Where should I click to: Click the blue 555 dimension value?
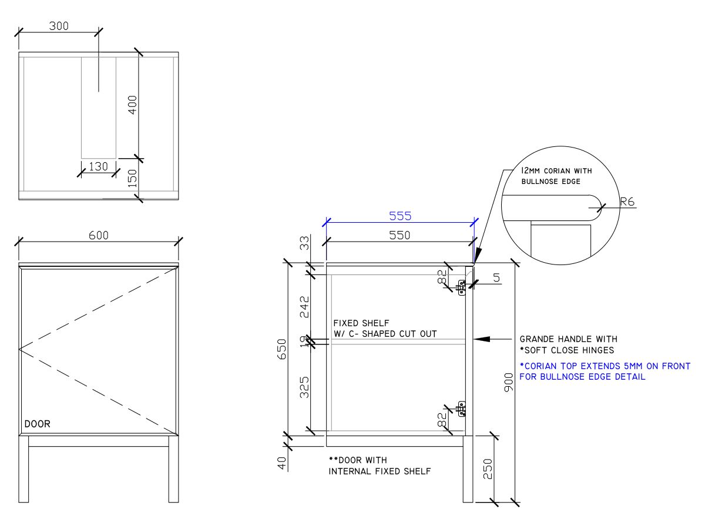click(399, 216)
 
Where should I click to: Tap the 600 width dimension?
click(98, 235)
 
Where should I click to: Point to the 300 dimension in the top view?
click(59, 26)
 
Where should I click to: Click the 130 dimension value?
click(98, 167)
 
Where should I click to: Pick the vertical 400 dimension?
click(133, 105)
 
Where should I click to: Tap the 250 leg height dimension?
click(487, 468)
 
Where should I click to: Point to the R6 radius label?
click(626, 202)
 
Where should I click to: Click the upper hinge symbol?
click(462, 287)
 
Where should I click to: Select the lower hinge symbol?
click(462, 409)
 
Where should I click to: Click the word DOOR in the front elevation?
click(37, 424)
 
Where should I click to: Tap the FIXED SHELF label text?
click(361, 323)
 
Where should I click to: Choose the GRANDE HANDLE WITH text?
click(568, 339)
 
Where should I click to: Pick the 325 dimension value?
click(305, 388)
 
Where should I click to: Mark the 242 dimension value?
click(305, 307)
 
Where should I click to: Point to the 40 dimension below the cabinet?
click(282, 463)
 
